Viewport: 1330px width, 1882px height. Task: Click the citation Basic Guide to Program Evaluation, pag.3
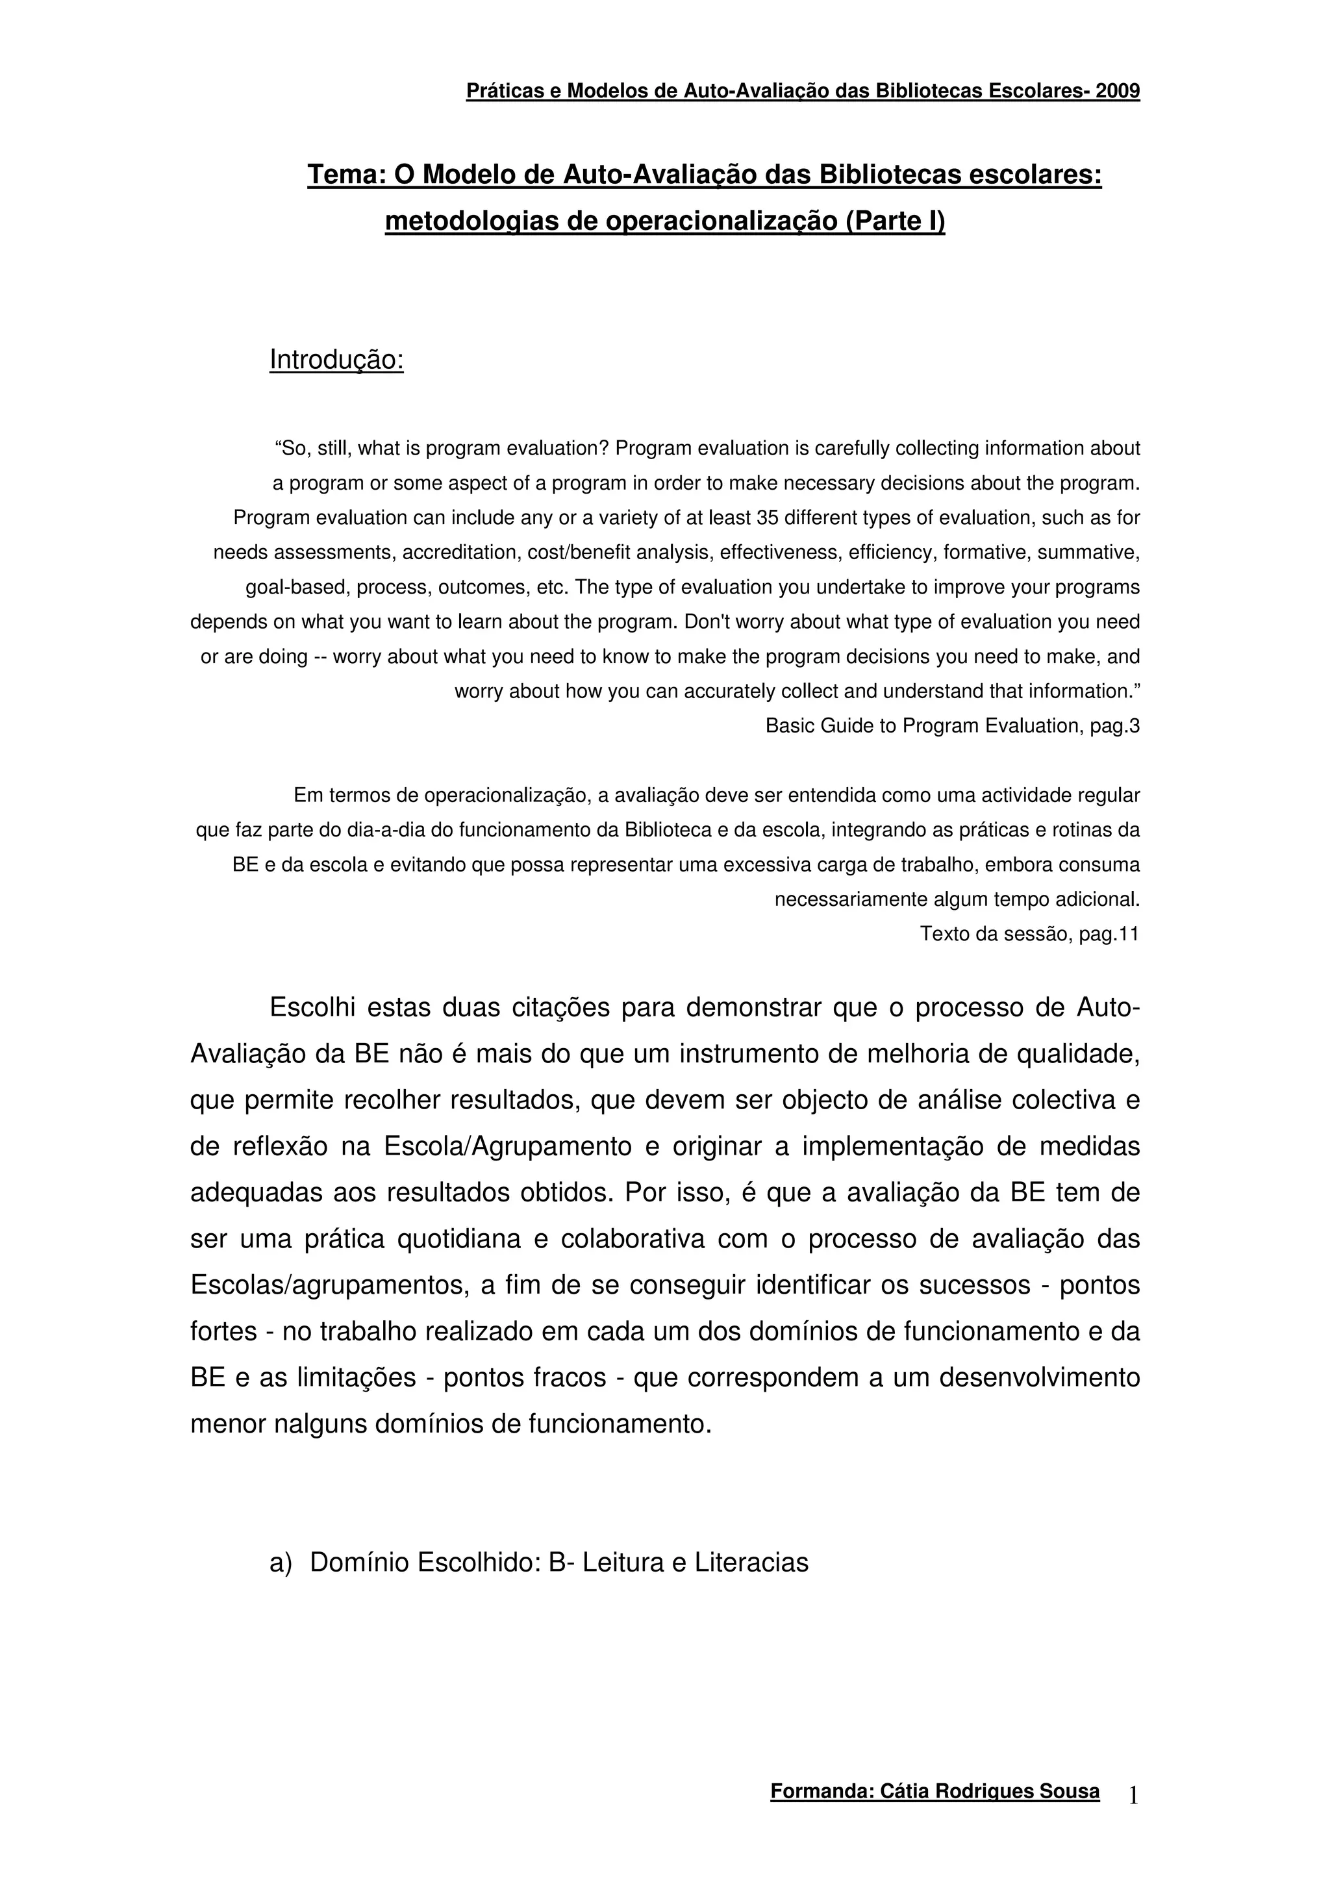point(952,725)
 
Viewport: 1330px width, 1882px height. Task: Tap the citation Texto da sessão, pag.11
point(1029,934)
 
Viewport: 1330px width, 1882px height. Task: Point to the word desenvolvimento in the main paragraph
point(1039,1377)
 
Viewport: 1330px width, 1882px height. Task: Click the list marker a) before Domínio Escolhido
point(281,1563)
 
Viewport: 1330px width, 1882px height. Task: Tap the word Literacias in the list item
point(751,1563)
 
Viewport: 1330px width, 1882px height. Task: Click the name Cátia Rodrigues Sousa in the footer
point(990,1792)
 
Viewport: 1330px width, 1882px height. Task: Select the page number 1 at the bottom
point(1133,1796)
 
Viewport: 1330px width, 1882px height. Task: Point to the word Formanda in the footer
point(820,1792)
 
